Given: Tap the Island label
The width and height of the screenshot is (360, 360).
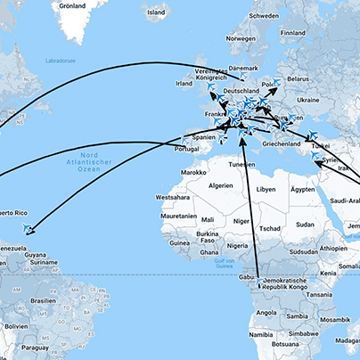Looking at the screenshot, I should [156, 12].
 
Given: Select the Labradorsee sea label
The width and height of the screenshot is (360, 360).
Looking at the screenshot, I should [60, 61].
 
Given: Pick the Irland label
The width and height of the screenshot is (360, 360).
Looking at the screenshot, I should [184, 84].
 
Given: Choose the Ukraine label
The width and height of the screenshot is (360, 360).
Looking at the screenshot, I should [307, 99].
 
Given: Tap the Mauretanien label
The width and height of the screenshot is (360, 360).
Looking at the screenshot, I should [178, 216].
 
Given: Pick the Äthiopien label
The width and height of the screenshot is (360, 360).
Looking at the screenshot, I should [334, 248].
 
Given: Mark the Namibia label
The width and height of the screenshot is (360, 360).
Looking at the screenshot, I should [261, 334].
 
